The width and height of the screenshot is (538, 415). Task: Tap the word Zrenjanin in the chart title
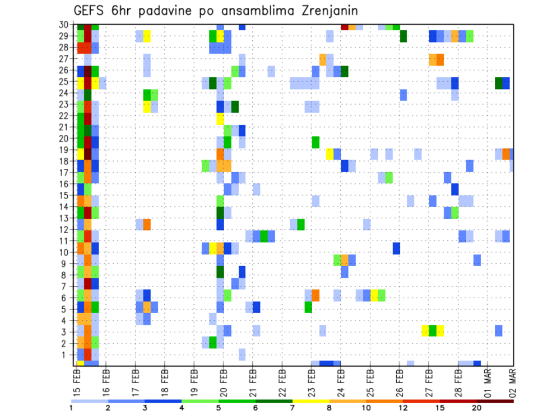click(327, 11)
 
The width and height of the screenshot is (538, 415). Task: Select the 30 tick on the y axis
click(66, 25)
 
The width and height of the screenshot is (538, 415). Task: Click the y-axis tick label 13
click(66, 218)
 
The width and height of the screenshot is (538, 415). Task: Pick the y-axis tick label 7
click(68, 286)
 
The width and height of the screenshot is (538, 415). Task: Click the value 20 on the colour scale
click(477, 408)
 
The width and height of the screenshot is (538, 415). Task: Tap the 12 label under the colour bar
click(403, 408)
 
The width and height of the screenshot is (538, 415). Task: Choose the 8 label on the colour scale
click(330, 408)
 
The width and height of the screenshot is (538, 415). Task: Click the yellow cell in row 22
click(220, 119)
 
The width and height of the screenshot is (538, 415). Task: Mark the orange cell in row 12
click(147, 224)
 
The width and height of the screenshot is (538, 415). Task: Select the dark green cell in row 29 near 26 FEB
click(403, 36)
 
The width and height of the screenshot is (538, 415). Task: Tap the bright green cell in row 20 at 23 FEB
click(316, 142)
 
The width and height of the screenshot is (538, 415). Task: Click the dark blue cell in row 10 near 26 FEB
click(396, 248)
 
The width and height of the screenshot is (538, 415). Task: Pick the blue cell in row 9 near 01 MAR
click(477, 260)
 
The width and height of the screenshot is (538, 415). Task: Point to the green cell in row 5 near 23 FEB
click(308, 307)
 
